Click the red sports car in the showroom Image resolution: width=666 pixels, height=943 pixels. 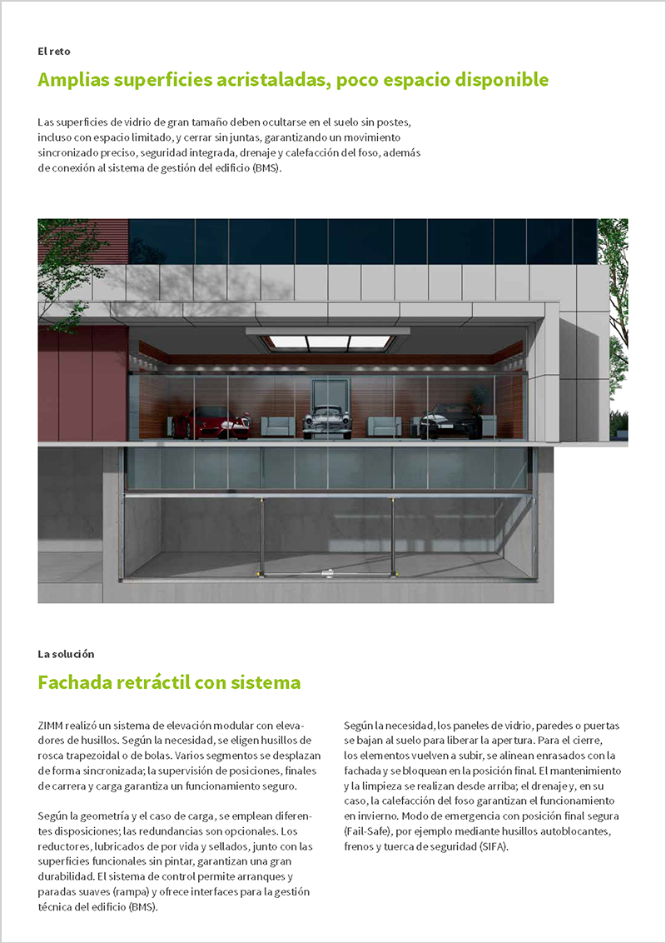click(218, 424)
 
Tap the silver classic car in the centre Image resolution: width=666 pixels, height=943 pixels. click(326, 421)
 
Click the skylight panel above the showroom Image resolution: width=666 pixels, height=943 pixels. click(328, 342)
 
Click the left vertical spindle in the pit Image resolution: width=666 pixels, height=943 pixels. click(261, 533)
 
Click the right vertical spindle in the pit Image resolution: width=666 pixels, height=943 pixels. click(393, 533)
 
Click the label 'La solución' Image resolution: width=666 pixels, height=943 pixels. click(66, 654)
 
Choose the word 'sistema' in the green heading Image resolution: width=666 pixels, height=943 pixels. click(268, 683)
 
